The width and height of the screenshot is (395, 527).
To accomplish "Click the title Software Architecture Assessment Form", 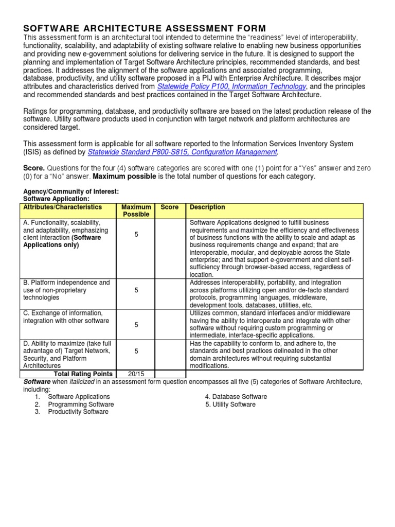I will point(145,28).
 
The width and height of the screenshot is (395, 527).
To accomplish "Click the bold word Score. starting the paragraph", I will point(34,168).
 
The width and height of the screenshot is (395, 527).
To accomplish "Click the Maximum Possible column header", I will point(136,211).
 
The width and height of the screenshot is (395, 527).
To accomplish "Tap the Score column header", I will point(169,207).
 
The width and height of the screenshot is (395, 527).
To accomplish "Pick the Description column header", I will point(207,207).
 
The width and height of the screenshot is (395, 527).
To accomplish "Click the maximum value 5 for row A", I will point(136,234).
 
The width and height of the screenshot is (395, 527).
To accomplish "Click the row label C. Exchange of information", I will point(64,313).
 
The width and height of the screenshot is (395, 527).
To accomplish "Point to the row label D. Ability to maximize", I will point(67,343).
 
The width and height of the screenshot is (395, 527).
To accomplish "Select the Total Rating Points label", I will point(84,374).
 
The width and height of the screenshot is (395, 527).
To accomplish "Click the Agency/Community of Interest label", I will point(71,191).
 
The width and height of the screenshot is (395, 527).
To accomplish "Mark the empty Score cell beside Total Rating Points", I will point(169,374).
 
